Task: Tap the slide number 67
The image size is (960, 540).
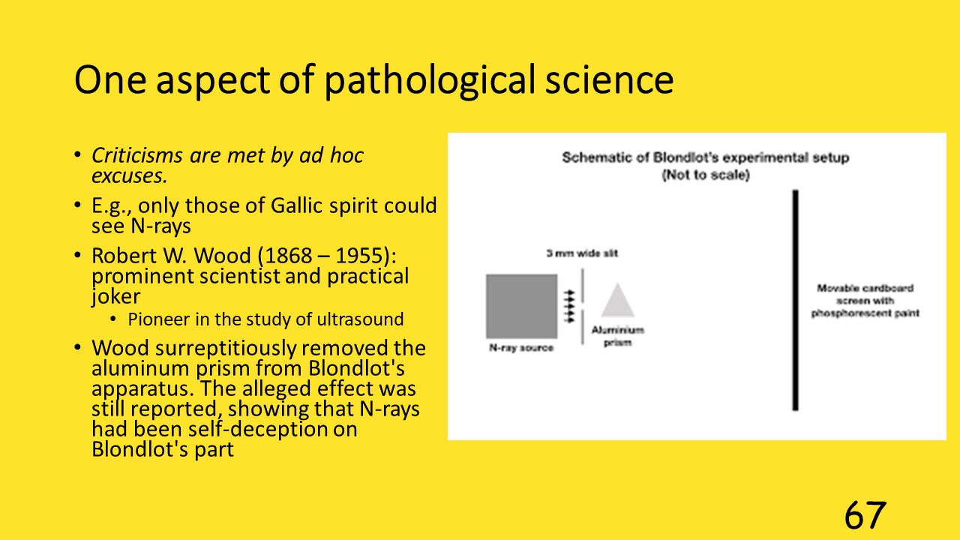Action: [x=865, y=515]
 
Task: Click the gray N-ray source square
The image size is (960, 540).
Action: [x=521, y=307]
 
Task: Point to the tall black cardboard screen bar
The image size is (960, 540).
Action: [x=796, y=300]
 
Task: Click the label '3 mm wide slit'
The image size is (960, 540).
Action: [x=582, y=253]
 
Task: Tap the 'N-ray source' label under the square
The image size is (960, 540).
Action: [x=521, y=347]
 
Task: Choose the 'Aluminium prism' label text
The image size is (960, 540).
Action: [x=617, y=336]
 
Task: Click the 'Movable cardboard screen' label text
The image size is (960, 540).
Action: [x=865, y=301]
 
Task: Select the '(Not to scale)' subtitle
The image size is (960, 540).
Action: [x=706, y=175]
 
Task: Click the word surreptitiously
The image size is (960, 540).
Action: [x=226, y=349]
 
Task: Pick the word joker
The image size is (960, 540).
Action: [x=115, y=297]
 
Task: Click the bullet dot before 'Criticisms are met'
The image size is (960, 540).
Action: [x=77, y=154]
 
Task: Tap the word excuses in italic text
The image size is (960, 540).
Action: [x=129, y=175]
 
